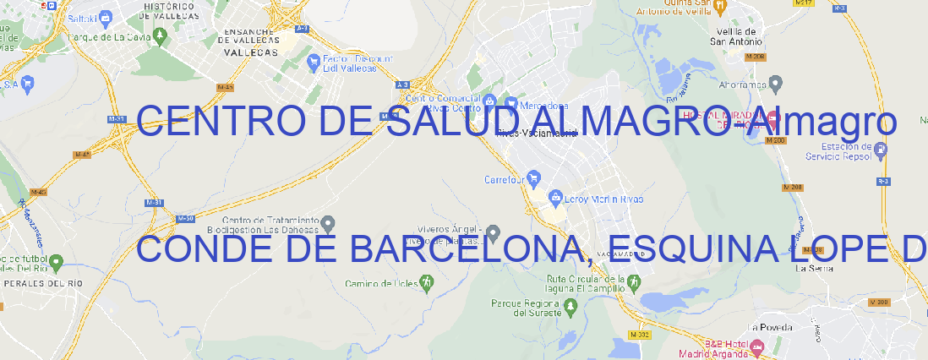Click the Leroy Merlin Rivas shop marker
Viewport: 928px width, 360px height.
tap(555, 199)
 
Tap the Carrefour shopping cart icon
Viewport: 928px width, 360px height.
tap(535, 178)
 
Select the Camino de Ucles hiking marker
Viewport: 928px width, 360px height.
tap(426, 282)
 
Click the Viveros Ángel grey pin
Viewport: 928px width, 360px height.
tap(495, 233)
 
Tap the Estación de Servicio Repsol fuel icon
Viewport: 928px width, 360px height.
tap(881, 150)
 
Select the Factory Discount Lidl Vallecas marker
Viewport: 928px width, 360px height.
tap(315, 62)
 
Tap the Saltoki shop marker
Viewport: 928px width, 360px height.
tap(105, 16)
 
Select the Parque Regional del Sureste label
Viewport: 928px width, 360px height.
tap(526, 308)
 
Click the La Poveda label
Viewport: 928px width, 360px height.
tap(770, 327)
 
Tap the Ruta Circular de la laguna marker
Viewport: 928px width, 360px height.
tap(606, 280)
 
